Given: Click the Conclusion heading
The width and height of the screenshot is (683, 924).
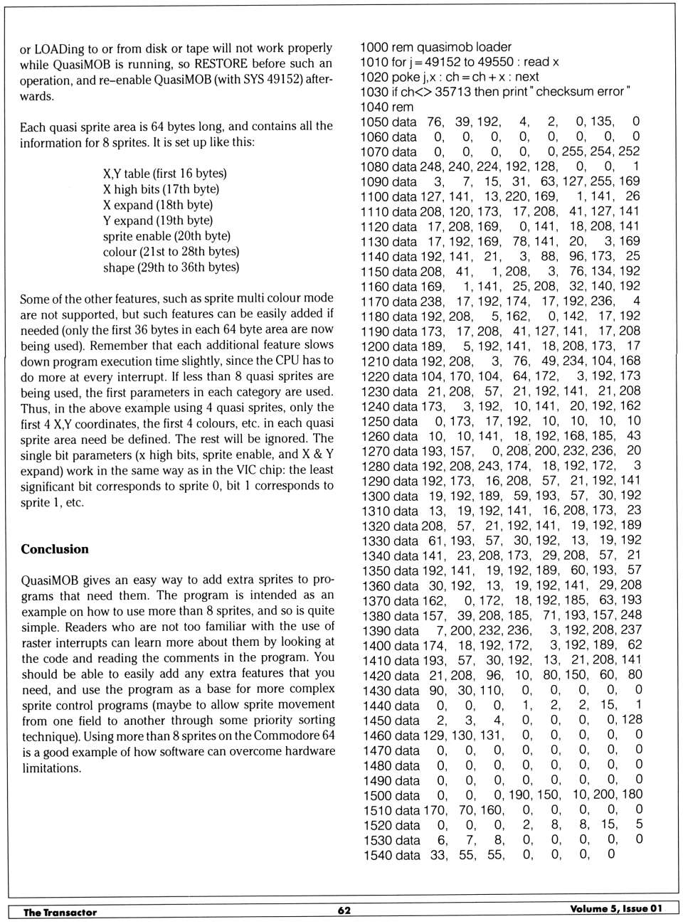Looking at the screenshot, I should pos(55,549).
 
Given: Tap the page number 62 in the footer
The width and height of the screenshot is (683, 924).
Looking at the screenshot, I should pos(344,910).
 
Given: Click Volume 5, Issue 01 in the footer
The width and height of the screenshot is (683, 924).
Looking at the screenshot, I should pos(616,909).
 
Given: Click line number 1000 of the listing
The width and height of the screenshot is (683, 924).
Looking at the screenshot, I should pos(374,47).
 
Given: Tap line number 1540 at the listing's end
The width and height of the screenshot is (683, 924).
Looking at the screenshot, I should pos(377,855).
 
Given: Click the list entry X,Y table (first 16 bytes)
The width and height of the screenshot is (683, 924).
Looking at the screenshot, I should pos(164,174).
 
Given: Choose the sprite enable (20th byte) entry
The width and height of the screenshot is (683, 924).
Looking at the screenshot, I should pos(166,236).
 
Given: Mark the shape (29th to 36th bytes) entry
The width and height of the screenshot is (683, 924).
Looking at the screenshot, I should pos(171,267).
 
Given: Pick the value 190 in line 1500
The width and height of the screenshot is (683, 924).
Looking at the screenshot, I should pos(519,795).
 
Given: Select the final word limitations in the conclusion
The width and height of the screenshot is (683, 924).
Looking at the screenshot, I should pos(51,768).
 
